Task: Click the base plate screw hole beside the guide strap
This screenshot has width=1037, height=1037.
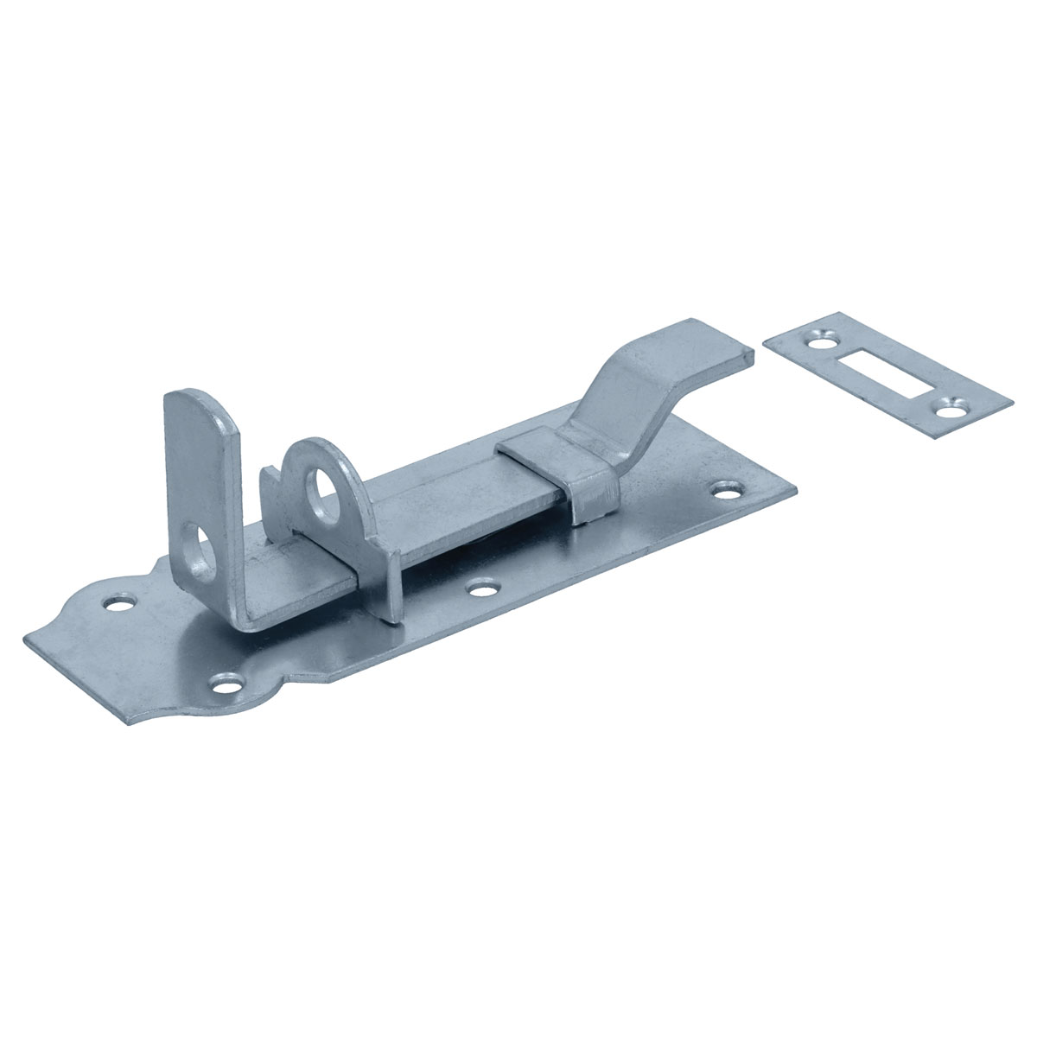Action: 723,490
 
